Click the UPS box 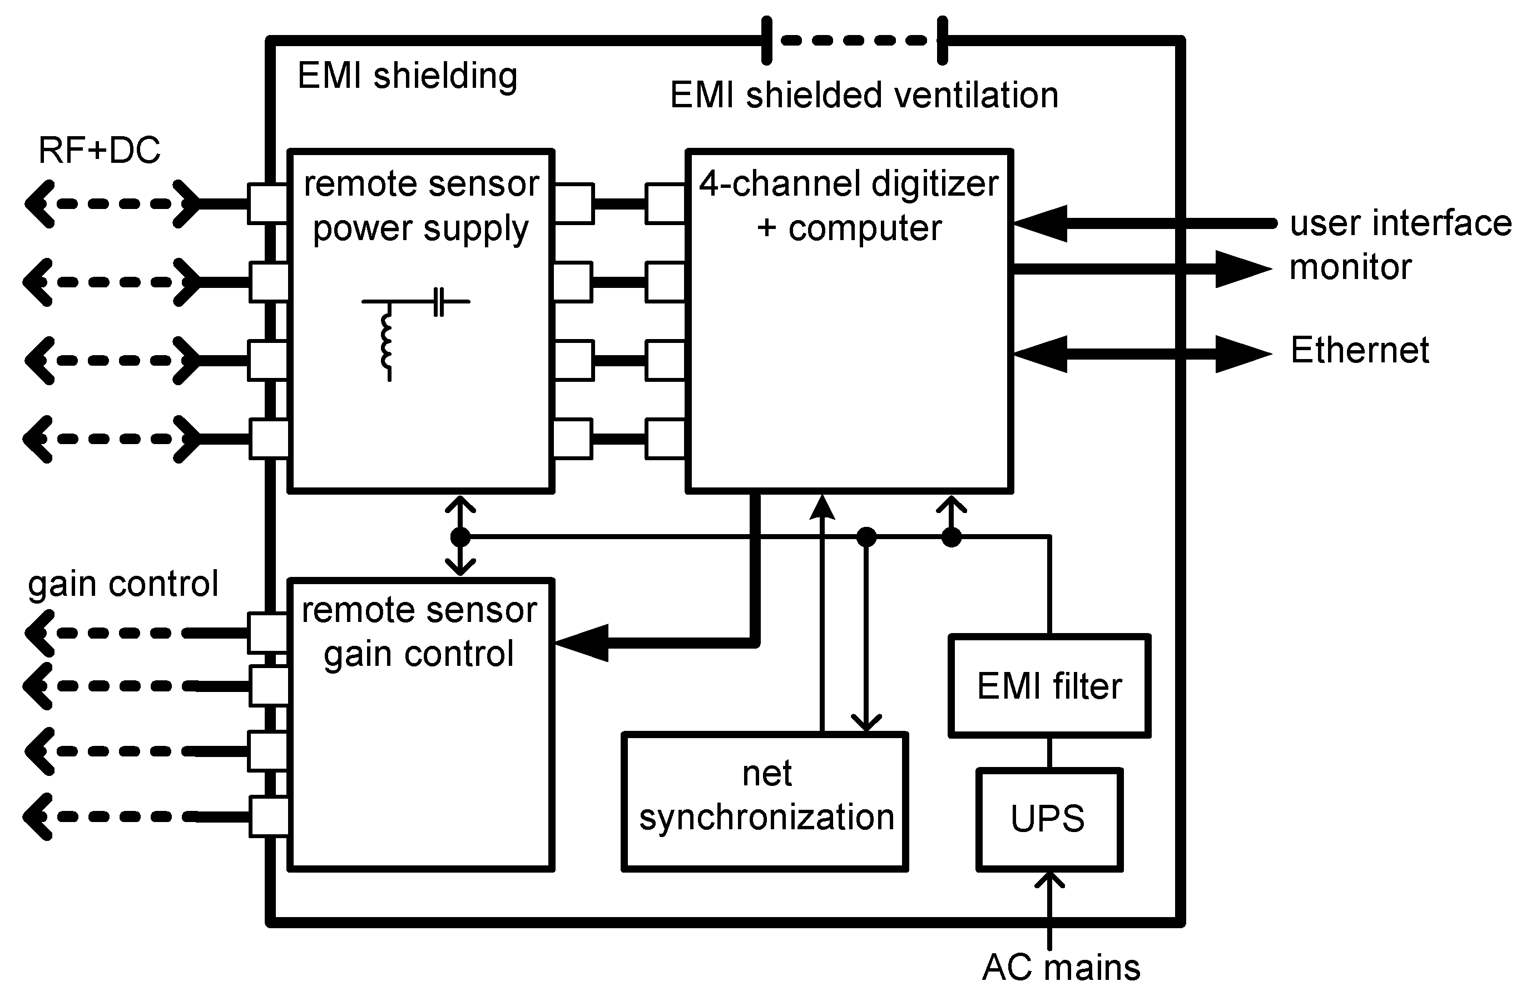(x=1049, y=819)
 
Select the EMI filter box (x=1049, y=686)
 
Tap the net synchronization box (x=765, y=801)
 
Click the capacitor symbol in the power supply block (x=439, y=301)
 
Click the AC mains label (x=1061, y=968)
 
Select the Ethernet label (x=1359, y=351)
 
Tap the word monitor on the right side (x=1350, y=267)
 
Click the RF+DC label (x=100, y=151)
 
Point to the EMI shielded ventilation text (x=864, y=96)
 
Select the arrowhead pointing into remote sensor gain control (x=580, y=642)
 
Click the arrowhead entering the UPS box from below (x=1049, y=880)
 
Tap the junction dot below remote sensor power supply (x=460, y=536)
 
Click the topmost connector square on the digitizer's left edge (x=665, y=204)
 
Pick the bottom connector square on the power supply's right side (x=573, y=439)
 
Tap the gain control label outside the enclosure (x=123, y=584)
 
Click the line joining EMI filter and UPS (x=1049, y=753)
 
